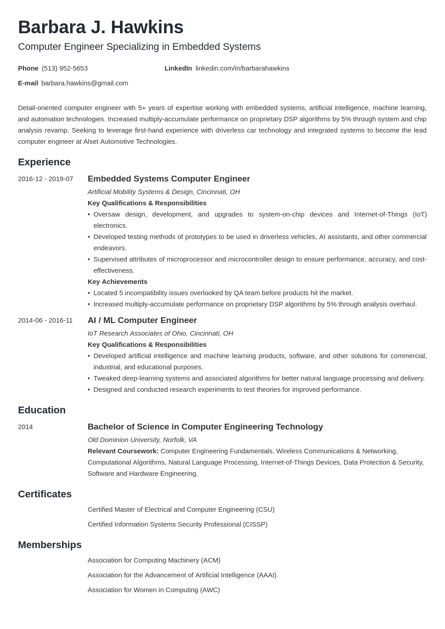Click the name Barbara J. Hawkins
101,27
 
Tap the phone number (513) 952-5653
65,68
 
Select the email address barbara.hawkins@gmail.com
85,83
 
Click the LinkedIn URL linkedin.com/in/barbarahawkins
242,68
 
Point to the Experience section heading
44,162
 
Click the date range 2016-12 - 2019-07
45,179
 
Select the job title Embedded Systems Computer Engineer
169,179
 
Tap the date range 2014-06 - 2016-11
45,320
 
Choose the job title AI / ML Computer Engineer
142,320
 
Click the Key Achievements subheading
117,282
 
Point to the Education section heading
42,410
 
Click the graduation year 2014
25,427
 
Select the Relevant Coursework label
123,451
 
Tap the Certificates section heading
44,494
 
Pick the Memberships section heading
49,545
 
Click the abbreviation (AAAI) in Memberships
266,575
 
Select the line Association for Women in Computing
154,590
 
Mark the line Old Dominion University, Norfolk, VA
142,440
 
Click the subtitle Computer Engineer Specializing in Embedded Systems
139,47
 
